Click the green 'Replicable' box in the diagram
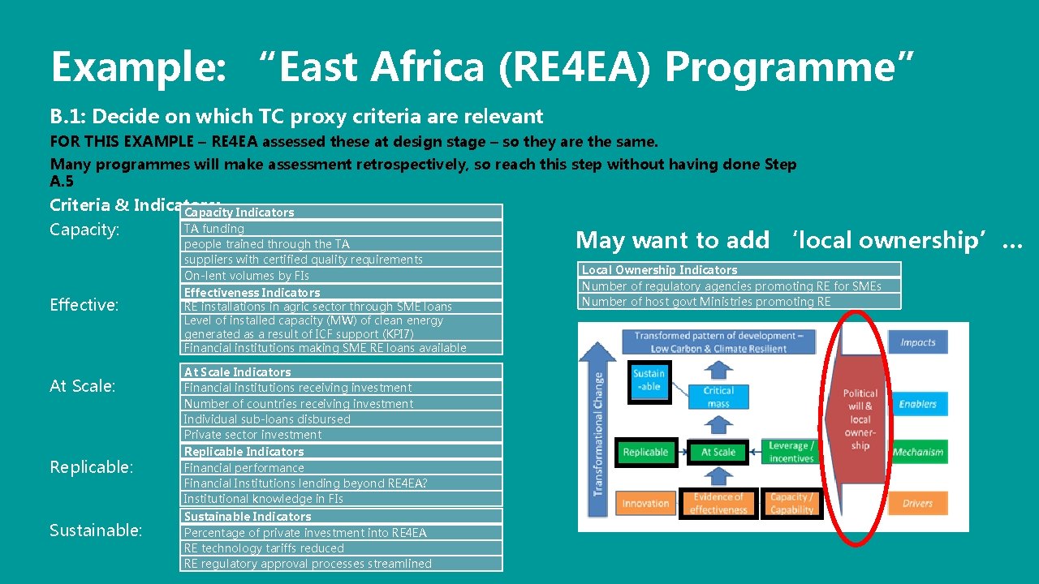point(645,453)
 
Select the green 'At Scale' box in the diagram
point(718,453)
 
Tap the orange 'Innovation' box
point(645,504)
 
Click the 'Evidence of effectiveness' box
point(718,504)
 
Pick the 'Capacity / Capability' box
point(791,504)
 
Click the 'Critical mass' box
point(718,397)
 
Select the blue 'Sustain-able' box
point(649,380)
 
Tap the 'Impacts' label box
point(917,342)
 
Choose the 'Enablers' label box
point(917,404)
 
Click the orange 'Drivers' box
point(917,503)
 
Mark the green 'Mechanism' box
point(917,453)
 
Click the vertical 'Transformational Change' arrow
point(599,430)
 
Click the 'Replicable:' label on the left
point(92,467)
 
